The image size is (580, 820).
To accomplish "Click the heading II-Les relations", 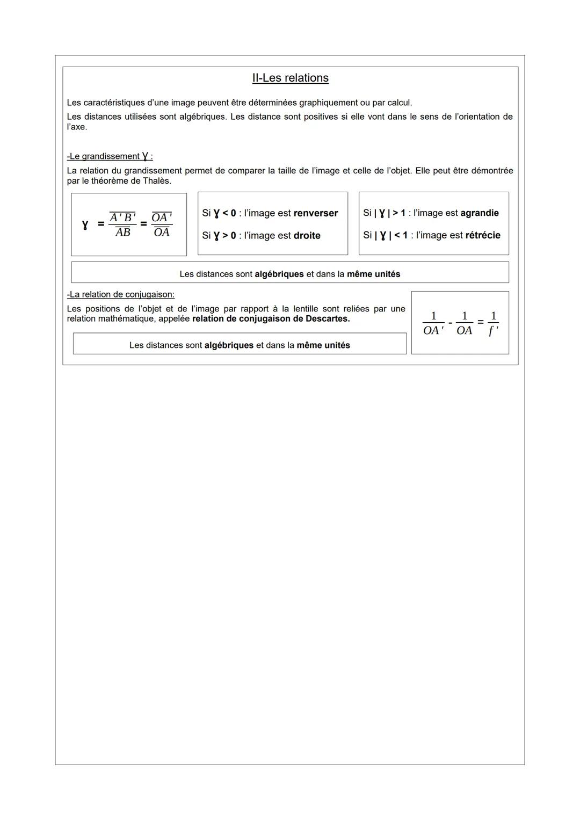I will pos(290,78).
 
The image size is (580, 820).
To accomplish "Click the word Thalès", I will pos(156,181).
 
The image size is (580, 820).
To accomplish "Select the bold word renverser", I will pos(316,213).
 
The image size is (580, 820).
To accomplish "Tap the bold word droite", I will pos(307,236).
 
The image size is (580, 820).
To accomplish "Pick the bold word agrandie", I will pos(480,213).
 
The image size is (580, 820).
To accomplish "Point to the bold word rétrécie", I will pos(483,235).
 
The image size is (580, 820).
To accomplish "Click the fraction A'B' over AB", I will pos(123,224).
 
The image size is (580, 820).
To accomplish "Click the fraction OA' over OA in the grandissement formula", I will pos(162,224).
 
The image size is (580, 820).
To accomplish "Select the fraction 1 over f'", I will pos(493,323).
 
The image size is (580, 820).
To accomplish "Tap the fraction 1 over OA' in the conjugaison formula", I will pos(433,323).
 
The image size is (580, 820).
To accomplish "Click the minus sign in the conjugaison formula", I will pos(450,323).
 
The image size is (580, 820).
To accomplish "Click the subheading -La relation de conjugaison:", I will pos(121,295).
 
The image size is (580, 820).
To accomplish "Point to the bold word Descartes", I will pos(325,319).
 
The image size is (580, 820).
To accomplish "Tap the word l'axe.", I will pos(77,127).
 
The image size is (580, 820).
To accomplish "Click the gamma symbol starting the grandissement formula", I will pos(85,224).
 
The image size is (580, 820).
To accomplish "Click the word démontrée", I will pos(492,171).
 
